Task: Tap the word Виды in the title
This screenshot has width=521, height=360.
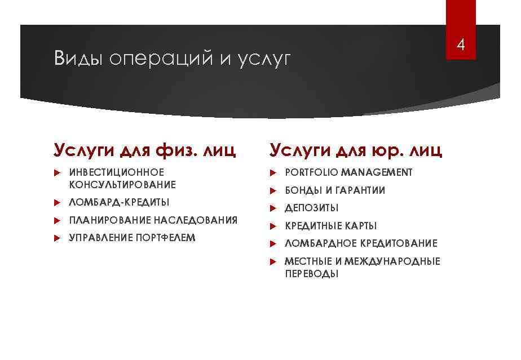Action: tap(78, 59)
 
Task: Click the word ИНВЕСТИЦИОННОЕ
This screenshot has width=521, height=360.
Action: tap(116, 172)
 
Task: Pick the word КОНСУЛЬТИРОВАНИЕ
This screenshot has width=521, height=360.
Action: tap(122, 185)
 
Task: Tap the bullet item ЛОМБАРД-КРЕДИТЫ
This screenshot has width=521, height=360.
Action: tap(119, 202)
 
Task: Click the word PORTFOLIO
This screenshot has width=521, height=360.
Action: tap(311, 172)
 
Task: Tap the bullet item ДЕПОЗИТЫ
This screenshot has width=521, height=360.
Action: tap(312, 208)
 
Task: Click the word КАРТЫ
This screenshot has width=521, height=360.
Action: tap(361, 226)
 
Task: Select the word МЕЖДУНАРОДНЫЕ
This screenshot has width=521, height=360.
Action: tap(392, 261)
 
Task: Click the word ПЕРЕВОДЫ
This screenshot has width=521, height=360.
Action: tap(312, 274)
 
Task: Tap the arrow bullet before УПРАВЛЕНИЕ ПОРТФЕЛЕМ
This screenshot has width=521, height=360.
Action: tap(56, 238)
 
